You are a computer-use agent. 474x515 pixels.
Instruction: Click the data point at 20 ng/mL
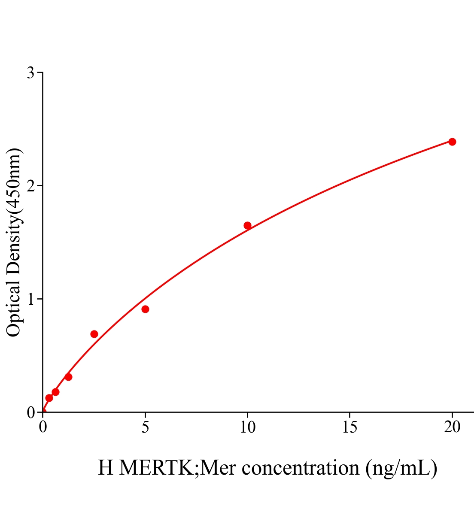452,142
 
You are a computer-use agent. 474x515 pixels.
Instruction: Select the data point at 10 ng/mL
247,225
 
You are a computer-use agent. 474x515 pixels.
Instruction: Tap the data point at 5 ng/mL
145,309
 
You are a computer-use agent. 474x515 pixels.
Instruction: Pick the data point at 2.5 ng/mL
94,334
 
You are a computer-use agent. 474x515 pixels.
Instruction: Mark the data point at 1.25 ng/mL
68,377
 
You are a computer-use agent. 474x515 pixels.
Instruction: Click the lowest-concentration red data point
49,398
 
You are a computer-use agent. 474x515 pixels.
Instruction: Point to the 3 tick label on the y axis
30,73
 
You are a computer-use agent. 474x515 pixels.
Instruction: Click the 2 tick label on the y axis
30,186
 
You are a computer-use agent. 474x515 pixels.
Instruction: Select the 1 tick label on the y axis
30,299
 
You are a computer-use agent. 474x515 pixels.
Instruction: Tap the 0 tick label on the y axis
30,412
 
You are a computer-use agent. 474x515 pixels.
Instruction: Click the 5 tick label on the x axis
145,427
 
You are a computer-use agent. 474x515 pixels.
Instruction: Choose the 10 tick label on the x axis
247,427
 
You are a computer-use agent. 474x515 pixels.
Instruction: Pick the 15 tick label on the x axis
350,427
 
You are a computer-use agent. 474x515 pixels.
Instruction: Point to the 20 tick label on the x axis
452,427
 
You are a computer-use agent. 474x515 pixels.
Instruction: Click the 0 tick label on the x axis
43,427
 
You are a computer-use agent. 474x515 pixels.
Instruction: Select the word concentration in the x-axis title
301,468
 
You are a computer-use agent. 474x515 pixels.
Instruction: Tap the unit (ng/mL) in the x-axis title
401,468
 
